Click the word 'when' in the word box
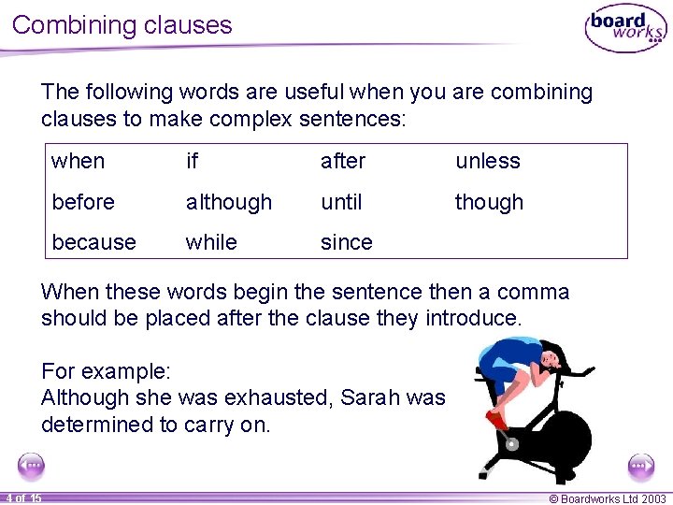pyautogui.click(x=79, y=161)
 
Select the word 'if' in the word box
pyautogui.click(x=192, y=161)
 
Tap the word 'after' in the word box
pyautogui.click(x=342, y=161)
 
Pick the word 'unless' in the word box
pyautogui.click(x=487, y=161)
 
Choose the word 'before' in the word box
pyautogui.click(x=83, y=202)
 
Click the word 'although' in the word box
pyautogui.click(x=229, y=202)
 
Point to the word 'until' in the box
pyautogui.click(x=341, y=202)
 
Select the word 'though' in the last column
pyautogui.click(x=489, y=202)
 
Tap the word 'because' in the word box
pyautogui.click(x=93, y=242)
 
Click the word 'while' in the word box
pyautogui.click(x=211, y=242)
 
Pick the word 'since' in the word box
pyautogui.click(x=346, y=242)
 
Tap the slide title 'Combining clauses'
pyautogui.click(x=122, y=24)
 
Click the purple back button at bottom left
pyautogui.click(x=31, y=465)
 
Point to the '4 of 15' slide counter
pyautogui.click(x=22, y=498)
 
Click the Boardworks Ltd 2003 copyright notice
pyautogui.click(x=608, y=498)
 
